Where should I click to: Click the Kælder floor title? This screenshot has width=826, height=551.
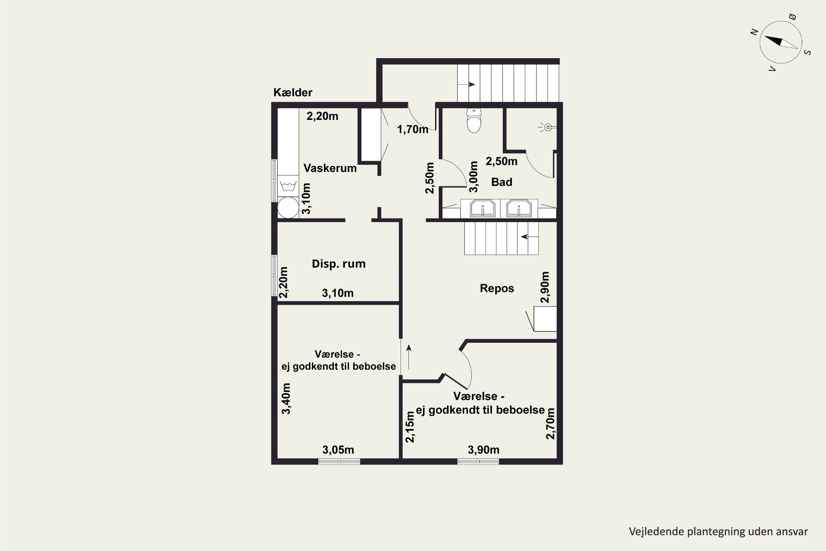click(x=293, y=92)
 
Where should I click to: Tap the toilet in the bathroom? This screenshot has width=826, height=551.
click(x=474, y=120)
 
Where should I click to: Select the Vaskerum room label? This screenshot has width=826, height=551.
click(x=330, y=168)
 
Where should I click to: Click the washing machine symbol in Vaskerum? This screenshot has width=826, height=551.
click(x=288, y=186)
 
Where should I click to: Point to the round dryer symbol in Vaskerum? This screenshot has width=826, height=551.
click(x=288, y=208)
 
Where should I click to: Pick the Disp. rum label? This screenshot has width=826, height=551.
click(x=339, y=264)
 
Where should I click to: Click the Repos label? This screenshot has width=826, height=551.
click(x=497, y=289)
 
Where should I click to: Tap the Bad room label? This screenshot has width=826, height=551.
click(x=502, y=182)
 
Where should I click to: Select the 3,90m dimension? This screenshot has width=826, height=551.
click(x=484, y=450)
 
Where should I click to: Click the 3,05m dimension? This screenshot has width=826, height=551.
click(x=338, y=450)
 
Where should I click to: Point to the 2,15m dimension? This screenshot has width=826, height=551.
click(x=410, y=427)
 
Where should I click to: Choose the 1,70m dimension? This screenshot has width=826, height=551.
click(x=413, y=130)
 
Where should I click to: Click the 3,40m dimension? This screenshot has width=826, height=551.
click(x=286, y=398)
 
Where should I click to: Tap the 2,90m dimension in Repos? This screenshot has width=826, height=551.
click(x=545, y=287)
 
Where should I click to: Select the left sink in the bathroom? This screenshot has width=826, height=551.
click(x=482, y=208)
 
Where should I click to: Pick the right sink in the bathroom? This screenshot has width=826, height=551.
click(x=519, y=208)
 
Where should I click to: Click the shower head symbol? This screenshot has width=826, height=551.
click(x=547, y=128)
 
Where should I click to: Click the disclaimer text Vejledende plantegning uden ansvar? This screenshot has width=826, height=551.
click(x=718, y=532)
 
